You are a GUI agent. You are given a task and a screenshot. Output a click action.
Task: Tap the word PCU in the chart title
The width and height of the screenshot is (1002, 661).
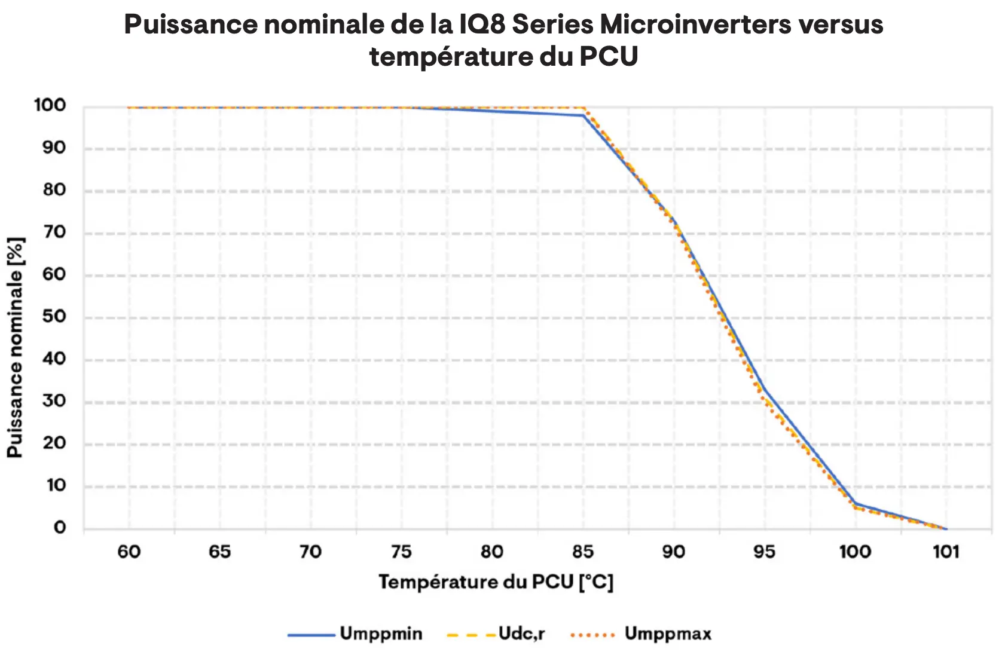609,57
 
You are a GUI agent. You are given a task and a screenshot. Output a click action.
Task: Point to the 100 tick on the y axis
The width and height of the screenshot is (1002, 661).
50,106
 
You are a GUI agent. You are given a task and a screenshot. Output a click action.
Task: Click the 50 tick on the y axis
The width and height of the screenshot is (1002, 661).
54,317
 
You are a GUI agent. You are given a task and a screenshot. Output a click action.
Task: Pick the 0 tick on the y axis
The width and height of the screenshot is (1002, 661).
60,528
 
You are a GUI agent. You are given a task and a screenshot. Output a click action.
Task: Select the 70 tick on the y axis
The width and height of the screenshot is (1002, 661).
54,232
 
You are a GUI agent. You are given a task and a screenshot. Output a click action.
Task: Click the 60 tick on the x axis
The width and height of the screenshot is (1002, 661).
129,552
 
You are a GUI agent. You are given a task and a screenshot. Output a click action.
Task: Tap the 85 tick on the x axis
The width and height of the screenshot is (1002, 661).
583,552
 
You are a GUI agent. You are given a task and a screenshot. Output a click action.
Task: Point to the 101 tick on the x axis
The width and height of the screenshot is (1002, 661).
946,552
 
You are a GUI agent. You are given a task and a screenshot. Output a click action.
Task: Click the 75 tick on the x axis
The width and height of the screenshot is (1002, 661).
401,552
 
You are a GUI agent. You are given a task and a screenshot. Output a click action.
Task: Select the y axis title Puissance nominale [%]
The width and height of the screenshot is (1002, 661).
16,348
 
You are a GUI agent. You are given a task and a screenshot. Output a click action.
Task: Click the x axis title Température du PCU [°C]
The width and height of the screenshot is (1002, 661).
496,582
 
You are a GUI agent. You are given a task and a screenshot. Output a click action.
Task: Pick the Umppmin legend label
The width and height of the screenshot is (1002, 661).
381,634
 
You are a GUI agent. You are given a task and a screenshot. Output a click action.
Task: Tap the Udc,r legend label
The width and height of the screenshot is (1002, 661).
521,634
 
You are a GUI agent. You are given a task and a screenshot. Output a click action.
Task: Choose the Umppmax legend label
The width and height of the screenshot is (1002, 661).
668,634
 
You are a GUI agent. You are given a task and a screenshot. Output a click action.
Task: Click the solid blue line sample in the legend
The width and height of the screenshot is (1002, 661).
311,635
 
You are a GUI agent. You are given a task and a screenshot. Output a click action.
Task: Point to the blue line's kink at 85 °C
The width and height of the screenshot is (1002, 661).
583,115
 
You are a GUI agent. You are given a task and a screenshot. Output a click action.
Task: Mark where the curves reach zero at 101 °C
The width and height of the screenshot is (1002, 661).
946,528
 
